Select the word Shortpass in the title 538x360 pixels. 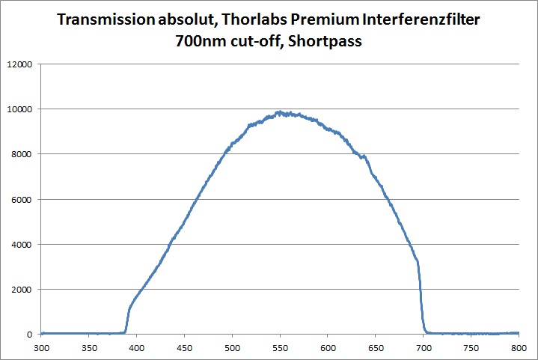pyautogui.click(x=327, y=42)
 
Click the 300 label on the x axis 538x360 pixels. pyautogui.click(x=42, y=347)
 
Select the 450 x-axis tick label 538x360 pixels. pyautogui.click(x=185, y=347)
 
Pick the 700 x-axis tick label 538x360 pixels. pyautogui.click(x=424, y=347)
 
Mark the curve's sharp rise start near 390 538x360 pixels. pyautogui.click(x=126, y=332)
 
